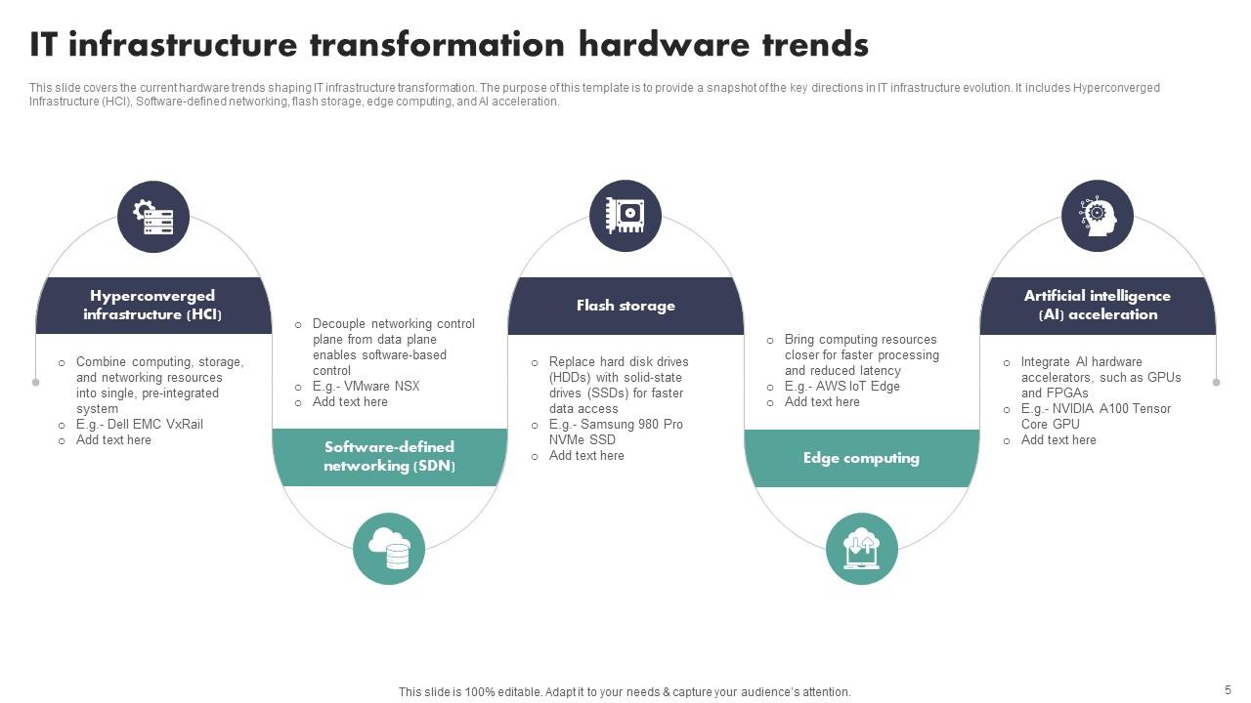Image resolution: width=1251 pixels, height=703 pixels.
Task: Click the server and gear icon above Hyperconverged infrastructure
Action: tap(153, 216)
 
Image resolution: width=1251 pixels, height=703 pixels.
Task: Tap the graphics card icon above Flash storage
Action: tap(625, 216)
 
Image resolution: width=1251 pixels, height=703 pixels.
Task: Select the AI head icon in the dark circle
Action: tap(1098, 216)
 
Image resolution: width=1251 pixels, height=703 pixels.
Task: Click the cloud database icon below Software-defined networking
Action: tap(389, 549)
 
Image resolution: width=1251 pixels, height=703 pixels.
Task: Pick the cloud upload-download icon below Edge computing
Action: tap(861, 549)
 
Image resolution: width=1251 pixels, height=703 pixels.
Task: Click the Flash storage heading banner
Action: tap(625, 306)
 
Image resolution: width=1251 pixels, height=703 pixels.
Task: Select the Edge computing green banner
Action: tap(861, 458)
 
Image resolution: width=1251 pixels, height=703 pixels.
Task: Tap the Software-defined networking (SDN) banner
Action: tap(389, 457)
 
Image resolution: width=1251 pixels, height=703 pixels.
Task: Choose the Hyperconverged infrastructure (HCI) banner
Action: tap(153, 306)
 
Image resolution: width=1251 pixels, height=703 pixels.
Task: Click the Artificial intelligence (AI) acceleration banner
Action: tap(1098, 306)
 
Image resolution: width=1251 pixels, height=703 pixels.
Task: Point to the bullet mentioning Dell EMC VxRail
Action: tap(140, 425)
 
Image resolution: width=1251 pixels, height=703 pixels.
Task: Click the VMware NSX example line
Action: tap(367, 387)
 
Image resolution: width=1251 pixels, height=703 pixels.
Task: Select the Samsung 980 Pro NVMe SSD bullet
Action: tap(616, 433)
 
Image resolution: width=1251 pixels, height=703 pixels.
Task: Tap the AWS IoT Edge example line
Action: tap(842, 387)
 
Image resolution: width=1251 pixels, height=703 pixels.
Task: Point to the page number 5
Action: tap(1228, 688)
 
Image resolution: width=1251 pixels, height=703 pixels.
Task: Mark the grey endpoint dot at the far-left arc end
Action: tap(36, 383)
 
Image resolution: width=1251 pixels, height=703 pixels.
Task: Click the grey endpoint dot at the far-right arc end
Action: tap(1216, 383)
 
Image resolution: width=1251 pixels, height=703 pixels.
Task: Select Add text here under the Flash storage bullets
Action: tap(586, 456)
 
